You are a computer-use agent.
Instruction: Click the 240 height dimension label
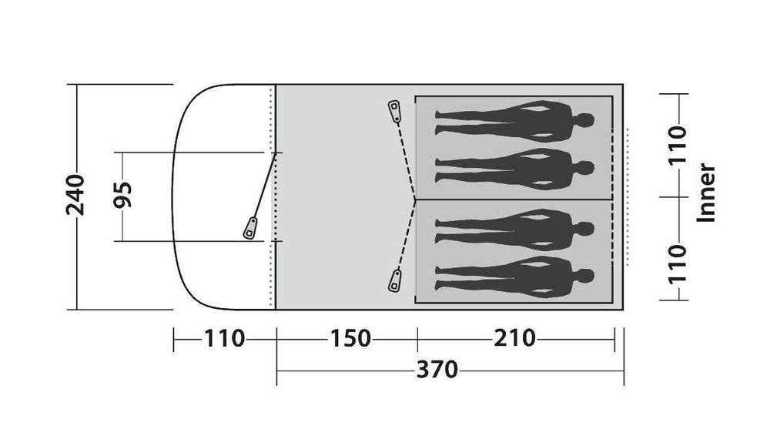tap(75, 194)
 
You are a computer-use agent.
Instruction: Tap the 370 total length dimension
tap(437, 370)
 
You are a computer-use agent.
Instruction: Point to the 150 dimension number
tap(350, 338)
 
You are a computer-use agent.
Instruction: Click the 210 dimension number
tap(514, 338)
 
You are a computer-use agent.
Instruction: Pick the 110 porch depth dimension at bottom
tap(224, 338)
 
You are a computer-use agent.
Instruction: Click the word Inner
tap(706, 193)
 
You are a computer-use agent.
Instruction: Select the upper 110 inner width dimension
tap(678, 145)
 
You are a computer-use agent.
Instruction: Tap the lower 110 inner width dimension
tap(678, 263)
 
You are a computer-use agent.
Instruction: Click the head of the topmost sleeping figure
tap(585, 120)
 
